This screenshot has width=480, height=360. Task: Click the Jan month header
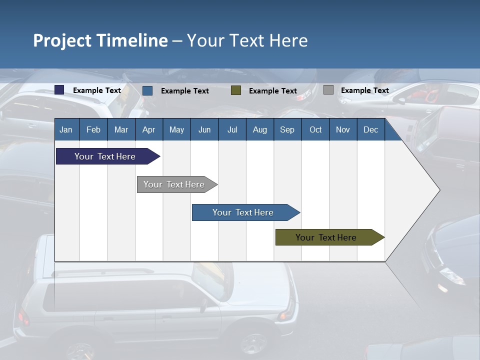coord(66,130)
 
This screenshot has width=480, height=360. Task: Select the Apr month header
coord(149,130)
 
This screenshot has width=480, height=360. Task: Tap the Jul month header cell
coord(232,130)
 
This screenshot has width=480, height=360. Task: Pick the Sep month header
coord(287,130)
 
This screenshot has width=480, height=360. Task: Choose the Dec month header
coord(370,130)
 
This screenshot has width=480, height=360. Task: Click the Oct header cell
coord(315,130)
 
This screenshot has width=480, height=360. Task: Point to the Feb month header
coord(93,130)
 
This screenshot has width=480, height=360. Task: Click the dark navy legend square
coord(59,90)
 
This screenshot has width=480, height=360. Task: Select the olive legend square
coord(236,90)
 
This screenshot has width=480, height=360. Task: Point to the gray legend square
coord(328,90)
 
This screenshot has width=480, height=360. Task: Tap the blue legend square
coord(147,90)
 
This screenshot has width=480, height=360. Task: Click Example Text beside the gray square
coord(364,90)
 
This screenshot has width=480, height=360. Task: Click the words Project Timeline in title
coord(100,40)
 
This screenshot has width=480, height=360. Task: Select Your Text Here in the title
coord(247,40)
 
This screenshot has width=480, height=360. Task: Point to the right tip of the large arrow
coord(439,190)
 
